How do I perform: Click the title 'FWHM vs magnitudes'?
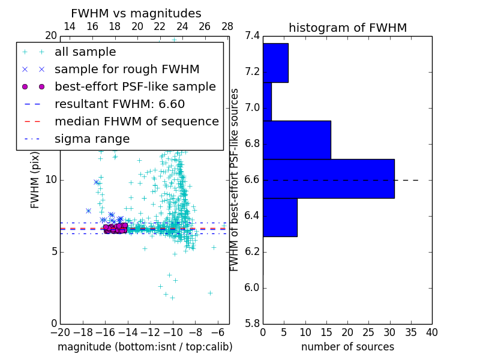click(136, 13)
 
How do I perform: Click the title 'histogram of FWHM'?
click(347, 28)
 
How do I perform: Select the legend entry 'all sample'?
click(85, 52)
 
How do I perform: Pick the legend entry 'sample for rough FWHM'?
click(127, 70)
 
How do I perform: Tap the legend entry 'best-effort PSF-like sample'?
click(135, 87)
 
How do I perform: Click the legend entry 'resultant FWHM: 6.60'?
click(119, 104)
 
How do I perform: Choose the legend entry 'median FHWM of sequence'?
click(136, 122)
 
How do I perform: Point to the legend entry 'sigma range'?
click(92, 139)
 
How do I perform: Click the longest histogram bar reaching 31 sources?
click(328, 178)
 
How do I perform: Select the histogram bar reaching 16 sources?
click(296, 140)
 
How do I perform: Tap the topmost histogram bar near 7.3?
click(275, 62)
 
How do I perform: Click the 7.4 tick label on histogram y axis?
click(252, 36)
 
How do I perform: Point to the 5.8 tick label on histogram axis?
click(252, 323)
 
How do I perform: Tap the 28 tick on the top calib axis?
click(227, 26)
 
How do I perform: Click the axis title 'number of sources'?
click(347, 347)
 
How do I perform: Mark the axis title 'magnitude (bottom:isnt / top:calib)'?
click(145, 347)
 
